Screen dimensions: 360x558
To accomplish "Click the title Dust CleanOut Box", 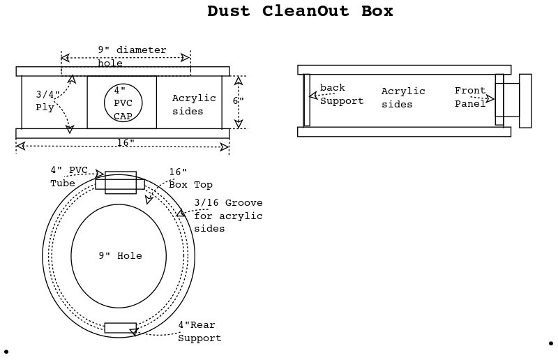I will coord(300,11).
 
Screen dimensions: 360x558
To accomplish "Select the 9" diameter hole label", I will coord(132,56).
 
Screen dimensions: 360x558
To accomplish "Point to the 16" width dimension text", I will coord(126,142).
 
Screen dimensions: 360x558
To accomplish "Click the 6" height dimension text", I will coord(238,101).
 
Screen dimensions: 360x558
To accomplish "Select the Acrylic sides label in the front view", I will coord(194,105).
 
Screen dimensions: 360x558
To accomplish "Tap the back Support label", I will coord(342,94).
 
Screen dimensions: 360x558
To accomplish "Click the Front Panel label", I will coord(470,97).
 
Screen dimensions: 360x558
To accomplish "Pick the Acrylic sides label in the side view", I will coord(403,98).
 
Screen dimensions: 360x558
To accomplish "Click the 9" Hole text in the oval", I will coord(120,256).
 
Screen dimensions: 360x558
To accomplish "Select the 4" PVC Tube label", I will coord(70,176).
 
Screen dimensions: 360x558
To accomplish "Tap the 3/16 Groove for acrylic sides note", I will coord(228,216).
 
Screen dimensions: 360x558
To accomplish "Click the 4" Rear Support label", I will coord(199,331).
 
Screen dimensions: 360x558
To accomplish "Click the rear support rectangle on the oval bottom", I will coord(120,327).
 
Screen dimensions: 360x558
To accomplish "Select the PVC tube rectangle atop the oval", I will coord(120,182).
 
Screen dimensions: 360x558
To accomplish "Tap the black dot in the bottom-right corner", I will coord(550,343).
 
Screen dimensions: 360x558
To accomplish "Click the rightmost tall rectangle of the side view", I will coord(525,100).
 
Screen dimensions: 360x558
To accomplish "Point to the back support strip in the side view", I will coord(306,100).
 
